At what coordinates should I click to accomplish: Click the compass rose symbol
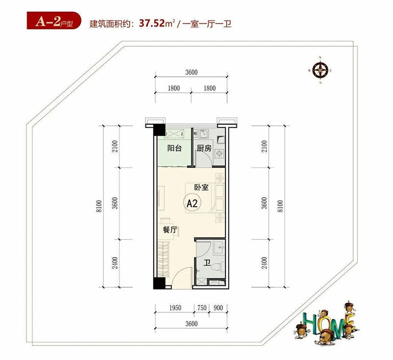(320, 71)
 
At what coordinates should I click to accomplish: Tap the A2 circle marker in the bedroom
(191, 203)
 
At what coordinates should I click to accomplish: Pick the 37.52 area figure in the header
(152, 23)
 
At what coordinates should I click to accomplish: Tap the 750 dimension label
(201, 308)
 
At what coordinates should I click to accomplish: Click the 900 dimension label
(219, 308)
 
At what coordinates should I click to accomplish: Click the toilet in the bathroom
(221, 266)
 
